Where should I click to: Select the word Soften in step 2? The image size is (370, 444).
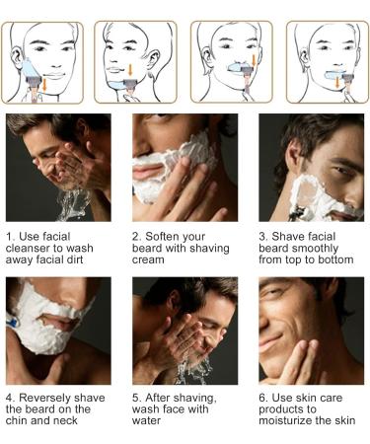point(165,237)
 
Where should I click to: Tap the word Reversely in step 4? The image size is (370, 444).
point(49,405)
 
